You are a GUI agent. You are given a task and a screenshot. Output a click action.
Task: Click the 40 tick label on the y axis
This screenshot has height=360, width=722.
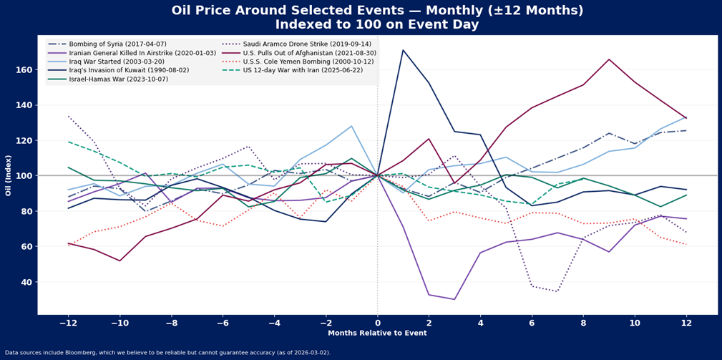tap(26, 282)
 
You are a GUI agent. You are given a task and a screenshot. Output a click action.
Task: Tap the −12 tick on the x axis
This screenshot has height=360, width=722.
tap(68, 323)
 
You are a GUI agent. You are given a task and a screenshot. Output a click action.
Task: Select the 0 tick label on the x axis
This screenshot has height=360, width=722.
tap(378, 323)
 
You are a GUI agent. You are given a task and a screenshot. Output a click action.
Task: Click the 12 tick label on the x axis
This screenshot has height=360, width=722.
tap(687, 323)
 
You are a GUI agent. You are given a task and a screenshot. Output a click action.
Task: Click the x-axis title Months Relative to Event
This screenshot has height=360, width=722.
tap(377, 334)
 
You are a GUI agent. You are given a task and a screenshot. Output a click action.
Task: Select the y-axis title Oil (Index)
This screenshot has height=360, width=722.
tap(9, 175)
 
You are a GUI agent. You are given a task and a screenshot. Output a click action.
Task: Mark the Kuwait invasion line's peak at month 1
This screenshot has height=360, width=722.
tap(404, 50)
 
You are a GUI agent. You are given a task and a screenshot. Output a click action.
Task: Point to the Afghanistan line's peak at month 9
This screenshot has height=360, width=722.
tap(610, 59)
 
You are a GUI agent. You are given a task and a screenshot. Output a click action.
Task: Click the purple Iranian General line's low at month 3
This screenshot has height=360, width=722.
tap(455, 299)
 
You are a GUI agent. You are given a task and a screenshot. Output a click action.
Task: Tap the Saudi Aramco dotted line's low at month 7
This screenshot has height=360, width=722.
tap(558, 291)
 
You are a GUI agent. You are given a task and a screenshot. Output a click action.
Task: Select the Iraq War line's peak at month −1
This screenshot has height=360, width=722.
tap(352, 126)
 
